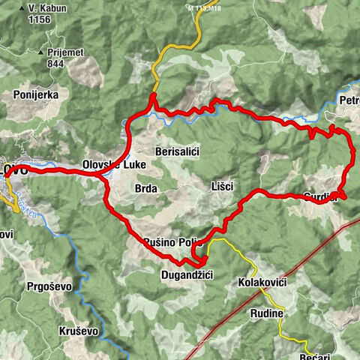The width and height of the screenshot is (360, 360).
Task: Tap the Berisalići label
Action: coord(176,151)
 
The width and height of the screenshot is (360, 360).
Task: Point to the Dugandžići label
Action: coord(187,276)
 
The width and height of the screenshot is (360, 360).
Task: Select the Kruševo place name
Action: coord(79,331)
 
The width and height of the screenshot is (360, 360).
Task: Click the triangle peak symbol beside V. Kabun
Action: coord(22,9)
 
